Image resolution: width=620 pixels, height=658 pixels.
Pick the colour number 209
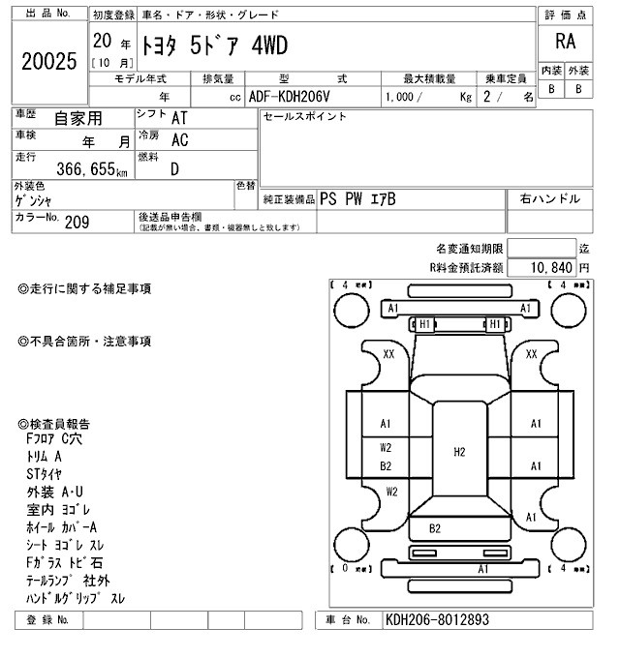click(x=77, y=221)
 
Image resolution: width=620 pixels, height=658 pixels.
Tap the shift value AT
click(x=179, y=118)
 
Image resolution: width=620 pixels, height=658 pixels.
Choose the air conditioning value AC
click(x=179, y=139)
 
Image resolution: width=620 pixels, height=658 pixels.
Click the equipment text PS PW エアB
click(x=357, y=199)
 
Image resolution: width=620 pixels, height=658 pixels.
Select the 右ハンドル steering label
click(x=549, y=198)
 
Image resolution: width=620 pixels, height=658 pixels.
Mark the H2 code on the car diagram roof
click(x=459, y=451)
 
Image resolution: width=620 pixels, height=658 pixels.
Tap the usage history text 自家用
click(x=77, y=119)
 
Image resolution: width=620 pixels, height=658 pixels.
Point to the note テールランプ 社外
click(x=70, y=581)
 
